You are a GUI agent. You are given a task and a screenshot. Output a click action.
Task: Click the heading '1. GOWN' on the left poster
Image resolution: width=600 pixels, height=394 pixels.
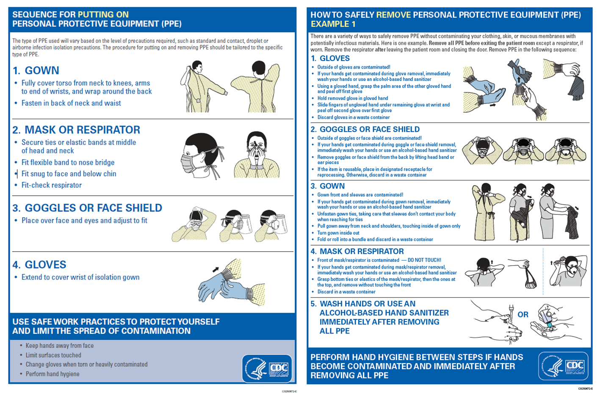pos(36,70)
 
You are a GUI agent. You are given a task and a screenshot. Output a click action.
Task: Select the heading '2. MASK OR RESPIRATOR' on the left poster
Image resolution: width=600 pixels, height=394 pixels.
pos(76,130)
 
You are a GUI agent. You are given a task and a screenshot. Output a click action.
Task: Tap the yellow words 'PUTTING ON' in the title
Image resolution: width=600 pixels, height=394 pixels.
pos(103,14)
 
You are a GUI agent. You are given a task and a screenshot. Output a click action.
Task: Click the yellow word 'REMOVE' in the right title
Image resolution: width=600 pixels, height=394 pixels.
pos(393,15)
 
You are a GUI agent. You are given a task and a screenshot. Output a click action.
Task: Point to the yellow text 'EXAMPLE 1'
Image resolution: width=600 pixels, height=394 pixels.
pos(333,24)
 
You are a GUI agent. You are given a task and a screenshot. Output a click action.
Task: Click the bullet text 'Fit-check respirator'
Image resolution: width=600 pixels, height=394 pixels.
pos(51,185)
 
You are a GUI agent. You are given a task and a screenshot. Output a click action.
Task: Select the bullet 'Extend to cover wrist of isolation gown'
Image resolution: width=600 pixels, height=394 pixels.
pos(80,277)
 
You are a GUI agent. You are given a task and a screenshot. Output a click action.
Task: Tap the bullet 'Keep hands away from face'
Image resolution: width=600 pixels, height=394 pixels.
pos(59,346)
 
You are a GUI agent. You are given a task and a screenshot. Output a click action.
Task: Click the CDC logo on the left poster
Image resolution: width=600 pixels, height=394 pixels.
pos(267,368)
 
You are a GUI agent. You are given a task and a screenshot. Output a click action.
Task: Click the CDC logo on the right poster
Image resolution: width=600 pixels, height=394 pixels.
pos(563,366)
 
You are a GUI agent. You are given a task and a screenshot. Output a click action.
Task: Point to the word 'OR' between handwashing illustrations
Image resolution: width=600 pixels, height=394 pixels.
pos(523,314)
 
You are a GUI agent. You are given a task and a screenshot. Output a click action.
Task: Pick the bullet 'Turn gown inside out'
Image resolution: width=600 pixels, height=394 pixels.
pos(338,233)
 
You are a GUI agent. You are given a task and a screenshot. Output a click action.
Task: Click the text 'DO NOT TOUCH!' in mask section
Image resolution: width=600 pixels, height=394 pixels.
pos(424,260)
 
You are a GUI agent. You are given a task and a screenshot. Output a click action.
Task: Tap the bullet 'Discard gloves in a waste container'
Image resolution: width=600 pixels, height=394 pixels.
pos(353,117)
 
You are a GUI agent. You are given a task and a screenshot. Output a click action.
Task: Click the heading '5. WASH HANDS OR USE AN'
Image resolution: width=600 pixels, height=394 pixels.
pos(363,304)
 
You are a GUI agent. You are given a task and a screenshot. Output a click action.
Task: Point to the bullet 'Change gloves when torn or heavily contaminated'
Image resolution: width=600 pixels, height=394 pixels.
pos(86,364)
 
